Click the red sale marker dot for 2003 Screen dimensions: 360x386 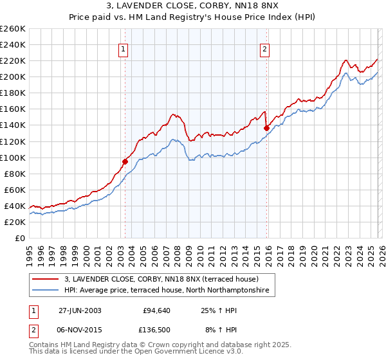coord(125,161)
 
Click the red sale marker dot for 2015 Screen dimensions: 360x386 coord(266,128)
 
